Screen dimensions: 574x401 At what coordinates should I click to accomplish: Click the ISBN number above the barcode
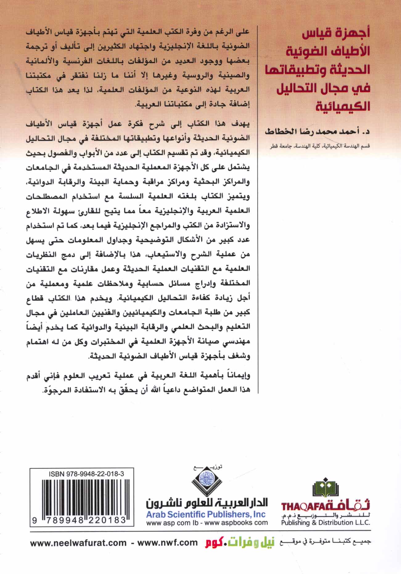[x=86, y=474]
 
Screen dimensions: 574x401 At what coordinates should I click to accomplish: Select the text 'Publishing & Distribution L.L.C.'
[x=325, y=523]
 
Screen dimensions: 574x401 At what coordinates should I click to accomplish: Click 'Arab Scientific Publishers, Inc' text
[x=206, y=514]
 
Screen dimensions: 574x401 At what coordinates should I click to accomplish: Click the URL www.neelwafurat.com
[x=78, y=543]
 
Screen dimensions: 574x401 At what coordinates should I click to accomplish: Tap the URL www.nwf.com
[x=167, y=543]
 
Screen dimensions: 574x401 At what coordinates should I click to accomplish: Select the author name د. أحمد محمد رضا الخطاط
[x=317, y=132]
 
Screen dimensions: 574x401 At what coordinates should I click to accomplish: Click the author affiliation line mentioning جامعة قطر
[x=317, y=146]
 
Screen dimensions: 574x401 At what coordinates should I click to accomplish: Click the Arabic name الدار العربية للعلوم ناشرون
[x=207, y=503]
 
